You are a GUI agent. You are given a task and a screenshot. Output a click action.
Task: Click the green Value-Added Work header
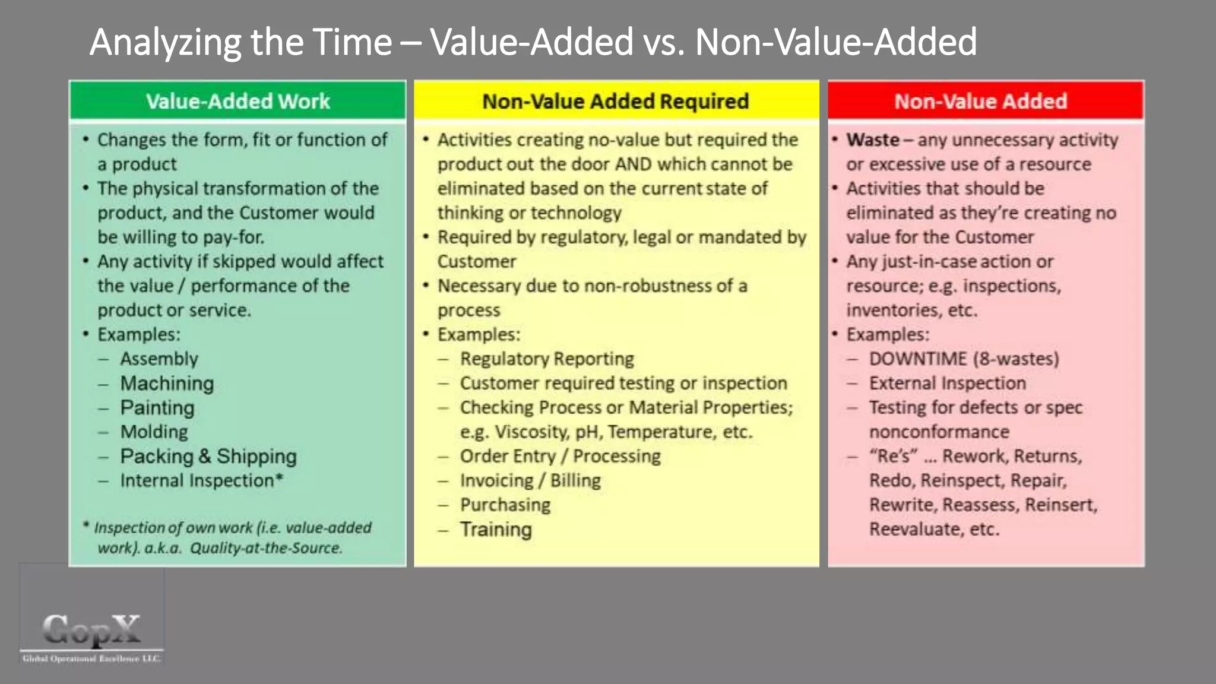(x=237, y=101)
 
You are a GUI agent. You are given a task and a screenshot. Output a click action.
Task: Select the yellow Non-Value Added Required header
(x=616, y=101)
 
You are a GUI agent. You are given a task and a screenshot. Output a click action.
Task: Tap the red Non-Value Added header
(x=981, y=101)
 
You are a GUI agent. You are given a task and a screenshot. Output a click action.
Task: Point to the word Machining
(x=167, y=384)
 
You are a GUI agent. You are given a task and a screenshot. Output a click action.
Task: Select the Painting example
(x=157, y=408)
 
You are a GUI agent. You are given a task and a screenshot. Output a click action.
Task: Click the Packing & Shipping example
(x=208, y=457)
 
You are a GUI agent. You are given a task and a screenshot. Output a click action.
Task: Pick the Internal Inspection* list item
(x=201, y=480)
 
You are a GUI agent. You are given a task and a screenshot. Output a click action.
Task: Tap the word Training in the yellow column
(x=496, y=529)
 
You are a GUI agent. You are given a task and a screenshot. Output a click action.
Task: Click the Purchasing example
(x=505, y=505)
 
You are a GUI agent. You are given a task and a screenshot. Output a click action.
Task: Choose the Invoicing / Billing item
(x=530, y=480)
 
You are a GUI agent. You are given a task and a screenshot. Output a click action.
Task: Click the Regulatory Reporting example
(x=547, y=359)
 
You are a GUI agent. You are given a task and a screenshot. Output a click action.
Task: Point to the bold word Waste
(x=873, y=140)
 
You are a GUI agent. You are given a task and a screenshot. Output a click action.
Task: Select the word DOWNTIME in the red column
(x=918, y=359)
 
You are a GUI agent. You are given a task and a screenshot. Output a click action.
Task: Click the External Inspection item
(x=948, y=384)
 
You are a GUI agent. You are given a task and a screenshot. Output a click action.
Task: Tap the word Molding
(x=154, y=432)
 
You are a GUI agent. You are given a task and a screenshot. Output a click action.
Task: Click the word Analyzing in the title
(x=166, y=42)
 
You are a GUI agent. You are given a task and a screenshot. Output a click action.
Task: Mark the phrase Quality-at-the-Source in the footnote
(x=266, y=548)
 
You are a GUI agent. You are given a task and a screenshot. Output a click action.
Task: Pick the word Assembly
(x=159, y=359)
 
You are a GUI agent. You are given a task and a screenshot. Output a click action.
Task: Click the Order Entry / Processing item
(x=560, y=456)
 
